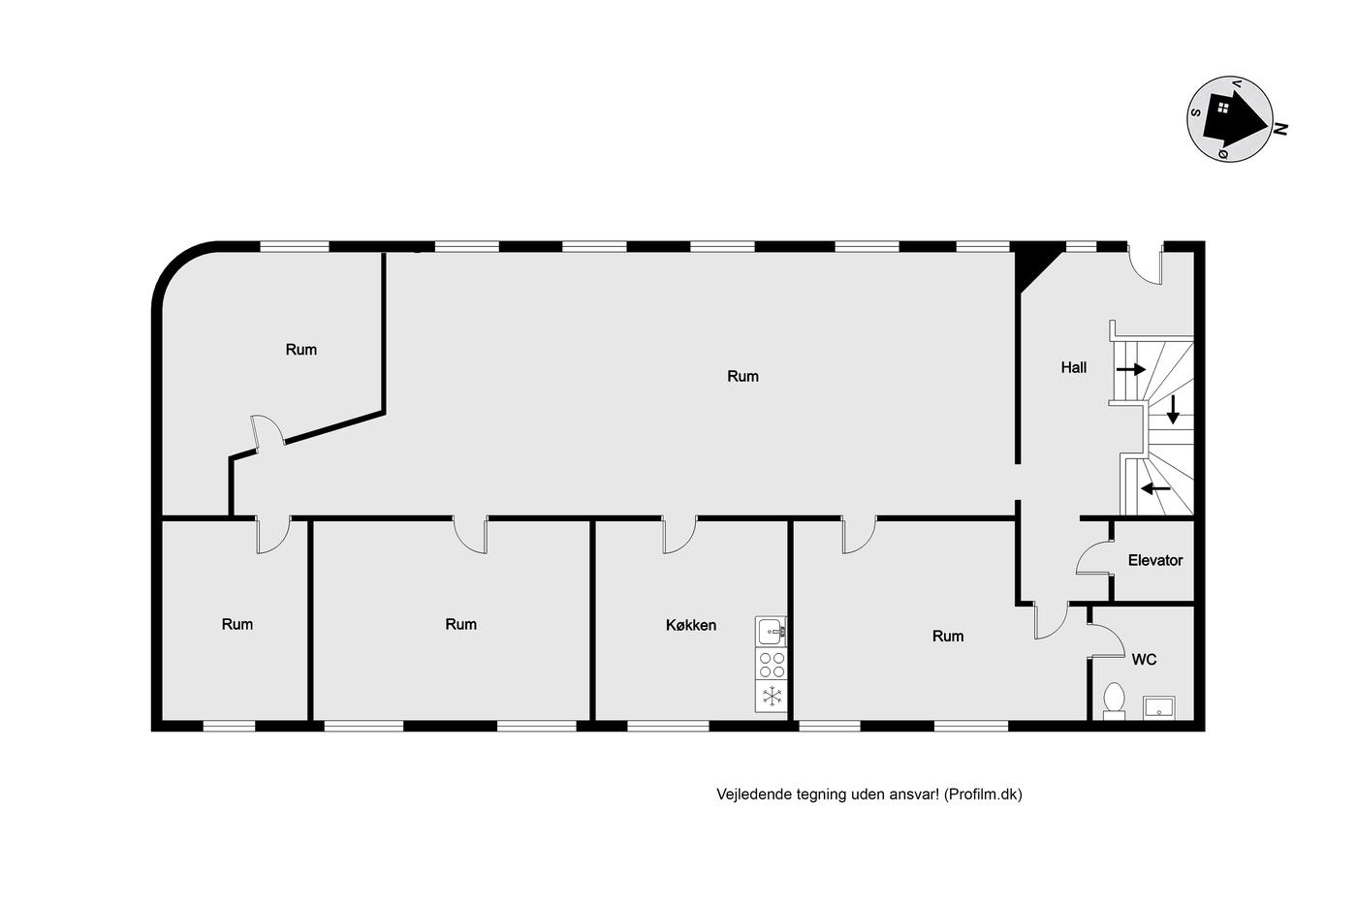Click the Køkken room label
click(x=690, y=625)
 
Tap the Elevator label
click(x=1154, y=560)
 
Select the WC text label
click(x=1144, y=660)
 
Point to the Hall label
click(x=1074, y=367)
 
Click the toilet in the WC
click(x=1114, y=701)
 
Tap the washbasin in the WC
click(x=1158, y=708)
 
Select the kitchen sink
click(x=771, y=631)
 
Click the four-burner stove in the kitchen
click(x=772, y=665)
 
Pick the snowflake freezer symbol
click(x=772, y=697)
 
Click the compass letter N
click(x=1280, y=128)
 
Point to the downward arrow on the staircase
click(x=1173, y=409)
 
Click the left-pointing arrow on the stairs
click(x=1155, y=487)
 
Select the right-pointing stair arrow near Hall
click(x=1131, y=369)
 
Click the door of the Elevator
click(x=1094, y=557)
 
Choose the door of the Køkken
click(x=679, y=535)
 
